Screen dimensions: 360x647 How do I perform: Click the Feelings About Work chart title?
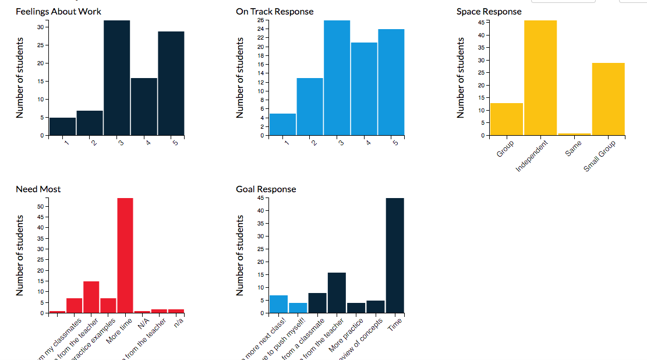[x=58, y=12]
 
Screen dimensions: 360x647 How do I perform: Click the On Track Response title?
[x=274, y=12]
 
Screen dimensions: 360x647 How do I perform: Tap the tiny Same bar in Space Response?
[x=574, y=134]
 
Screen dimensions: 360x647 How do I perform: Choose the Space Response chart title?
[x=489, y=12]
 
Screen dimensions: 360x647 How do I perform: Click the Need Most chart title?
[x=38, y=189]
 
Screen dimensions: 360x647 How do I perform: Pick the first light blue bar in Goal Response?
[x=278, y=304]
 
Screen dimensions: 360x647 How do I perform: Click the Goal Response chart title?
[x=266, y=189]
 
